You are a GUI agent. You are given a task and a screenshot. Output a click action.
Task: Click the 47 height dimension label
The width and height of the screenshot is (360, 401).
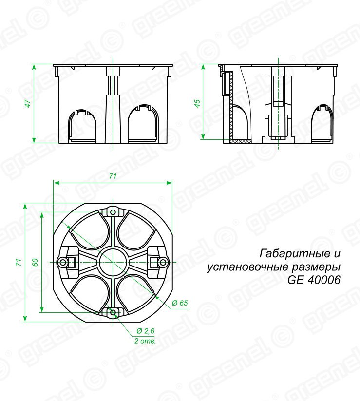[x=28, y=103]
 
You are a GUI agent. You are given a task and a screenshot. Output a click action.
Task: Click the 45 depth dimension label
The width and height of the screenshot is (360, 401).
[x=197, y=103]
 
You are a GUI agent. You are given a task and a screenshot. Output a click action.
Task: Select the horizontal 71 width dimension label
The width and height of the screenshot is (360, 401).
[x=113, y=176]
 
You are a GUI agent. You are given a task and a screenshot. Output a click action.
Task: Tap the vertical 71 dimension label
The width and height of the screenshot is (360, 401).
[x=19, y=262]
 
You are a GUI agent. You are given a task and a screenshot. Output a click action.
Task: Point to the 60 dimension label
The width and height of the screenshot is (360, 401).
[x=35, y=262]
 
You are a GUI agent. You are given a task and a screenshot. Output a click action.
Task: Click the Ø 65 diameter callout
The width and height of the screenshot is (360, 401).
[x=180, y=303]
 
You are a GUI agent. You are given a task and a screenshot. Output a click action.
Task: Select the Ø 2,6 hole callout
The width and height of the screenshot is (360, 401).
[x=146, y=331]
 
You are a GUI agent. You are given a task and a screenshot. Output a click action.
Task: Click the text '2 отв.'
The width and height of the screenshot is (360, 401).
[x=145, y=341]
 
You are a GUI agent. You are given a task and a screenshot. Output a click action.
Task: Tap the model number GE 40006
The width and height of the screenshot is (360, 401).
[x=314, y=280]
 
